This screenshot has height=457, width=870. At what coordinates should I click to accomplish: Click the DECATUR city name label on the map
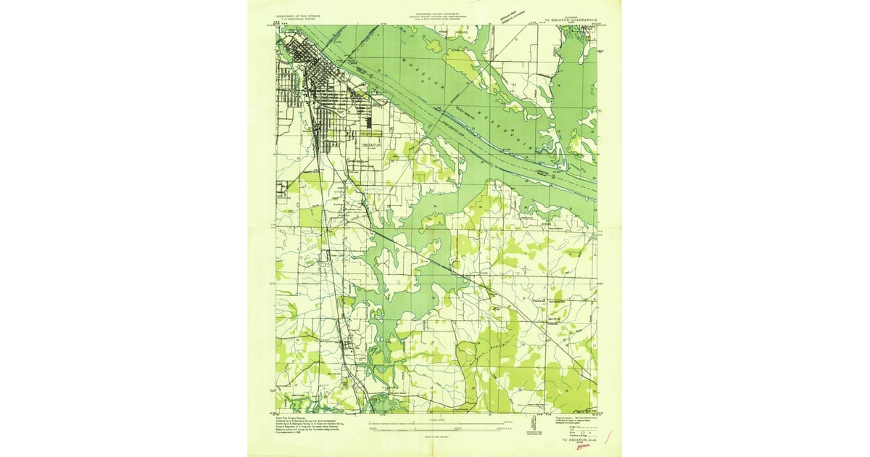pos(370,144)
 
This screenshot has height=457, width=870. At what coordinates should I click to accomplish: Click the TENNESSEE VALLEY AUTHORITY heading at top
pos(435,13)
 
